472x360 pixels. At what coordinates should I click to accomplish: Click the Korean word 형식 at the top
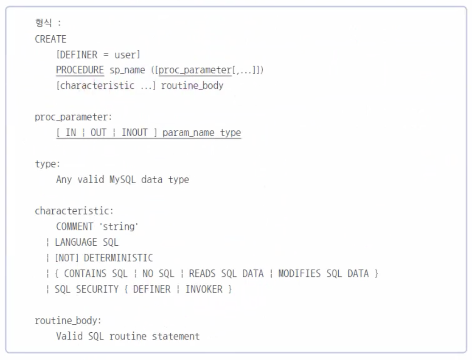point(43,23)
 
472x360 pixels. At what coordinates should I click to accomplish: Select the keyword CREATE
point(51,39)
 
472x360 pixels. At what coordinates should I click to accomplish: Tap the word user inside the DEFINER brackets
point(125,55)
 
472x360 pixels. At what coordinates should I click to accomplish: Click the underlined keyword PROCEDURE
point(80,70)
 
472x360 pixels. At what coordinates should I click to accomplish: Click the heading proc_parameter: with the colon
point(73,117)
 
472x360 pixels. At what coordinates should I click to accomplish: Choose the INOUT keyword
point(135,132)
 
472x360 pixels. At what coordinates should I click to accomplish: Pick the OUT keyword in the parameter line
point(98,132)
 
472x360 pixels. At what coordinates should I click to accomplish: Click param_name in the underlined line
point(189,133)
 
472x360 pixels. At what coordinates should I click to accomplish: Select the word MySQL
point(122,180)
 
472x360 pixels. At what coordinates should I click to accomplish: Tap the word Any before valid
point(64,180)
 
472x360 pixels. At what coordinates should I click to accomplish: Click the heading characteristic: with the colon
point(74,211)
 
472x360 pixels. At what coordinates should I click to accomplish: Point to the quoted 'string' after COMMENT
point(119,226)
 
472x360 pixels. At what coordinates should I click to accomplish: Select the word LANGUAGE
point(76,242)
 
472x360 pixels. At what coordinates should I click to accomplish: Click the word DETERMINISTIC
point(118,258)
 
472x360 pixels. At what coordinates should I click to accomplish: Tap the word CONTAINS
point(85,273)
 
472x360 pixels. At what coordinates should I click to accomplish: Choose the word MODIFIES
point(299,273)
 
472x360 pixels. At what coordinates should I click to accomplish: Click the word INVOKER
point(204,289)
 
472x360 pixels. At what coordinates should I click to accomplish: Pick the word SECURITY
point(97,289)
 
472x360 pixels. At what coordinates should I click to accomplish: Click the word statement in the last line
point(176,336)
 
